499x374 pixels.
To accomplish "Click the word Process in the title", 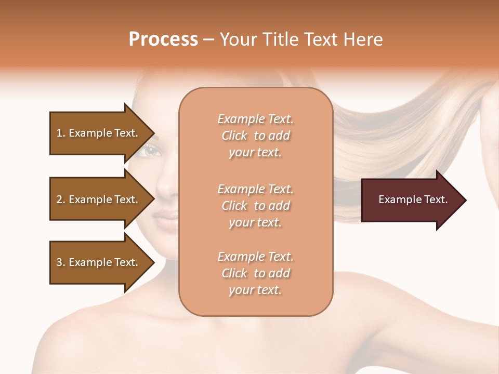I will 163,39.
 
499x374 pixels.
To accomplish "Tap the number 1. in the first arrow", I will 61,133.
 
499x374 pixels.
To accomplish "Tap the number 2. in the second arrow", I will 61,199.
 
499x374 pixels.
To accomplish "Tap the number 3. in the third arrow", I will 61,262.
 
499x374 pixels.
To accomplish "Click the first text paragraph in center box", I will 255,136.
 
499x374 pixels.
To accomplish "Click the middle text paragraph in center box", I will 255,206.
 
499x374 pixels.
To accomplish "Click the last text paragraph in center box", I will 255,273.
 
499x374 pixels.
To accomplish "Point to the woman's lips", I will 166,221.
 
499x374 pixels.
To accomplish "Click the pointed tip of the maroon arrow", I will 465,200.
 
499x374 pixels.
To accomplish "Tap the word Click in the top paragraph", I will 234,136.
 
